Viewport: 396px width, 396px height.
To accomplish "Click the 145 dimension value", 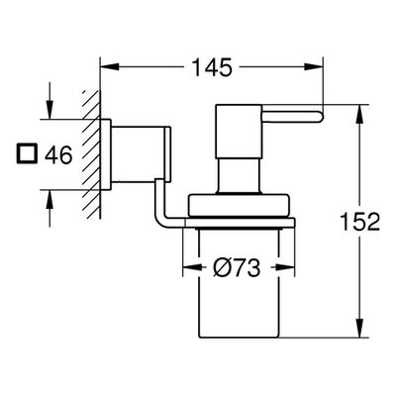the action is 212,67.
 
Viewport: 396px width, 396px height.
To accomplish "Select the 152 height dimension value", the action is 360,221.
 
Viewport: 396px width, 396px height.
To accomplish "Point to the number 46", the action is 58,154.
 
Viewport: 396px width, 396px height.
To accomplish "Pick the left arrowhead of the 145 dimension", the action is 109,67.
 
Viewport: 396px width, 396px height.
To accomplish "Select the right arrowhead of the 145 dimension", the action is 313,67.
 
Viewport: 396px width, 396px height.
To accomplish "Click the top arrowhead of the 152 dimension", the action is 359,114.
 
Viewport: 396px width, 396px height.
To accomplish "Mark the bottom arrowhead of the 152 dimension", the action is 359,328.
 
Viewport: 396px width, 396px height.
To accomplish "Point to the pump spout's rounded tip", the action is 320,117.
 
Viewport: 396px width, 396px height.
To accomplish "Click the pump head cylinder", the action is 239,131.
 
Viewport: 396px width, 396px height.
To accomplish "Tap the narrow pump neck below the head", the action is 240,175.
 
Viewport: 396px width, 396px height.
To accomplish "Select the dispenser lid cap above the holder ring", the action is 239,205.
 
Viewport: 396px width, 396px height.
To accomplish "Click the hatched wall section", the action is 91,154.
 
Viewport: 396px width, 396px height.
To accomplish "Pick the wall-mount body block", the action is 140,154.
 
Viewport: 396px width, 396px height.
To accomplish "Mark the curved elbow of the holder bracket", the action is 159,216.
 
